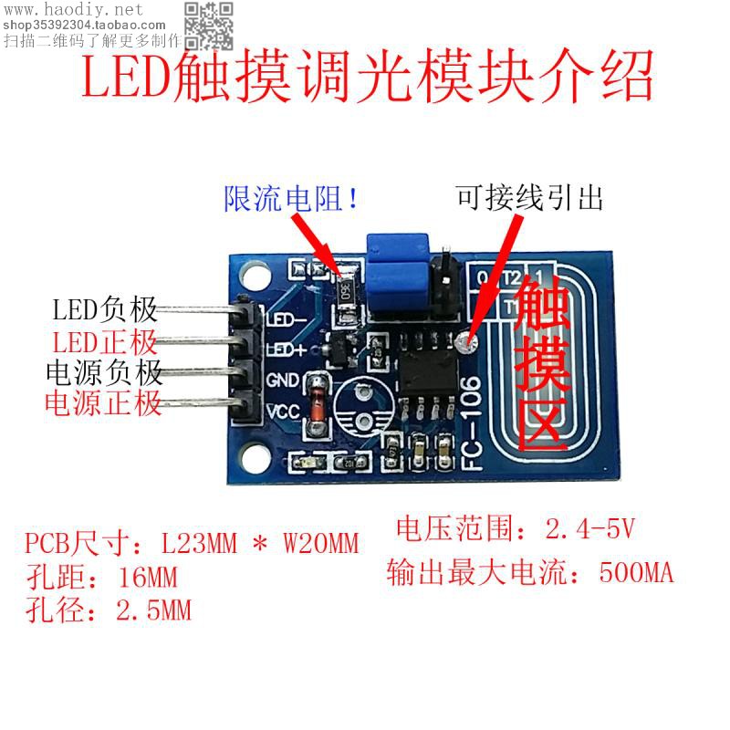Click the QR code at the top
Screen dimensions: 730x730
tap(209, 26)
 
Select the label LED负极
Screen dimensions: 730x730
tap(104, 310)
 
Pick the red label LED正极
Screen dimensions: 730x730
tap(104, 343)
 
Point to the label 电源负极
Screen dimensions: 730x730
tap(104, 372)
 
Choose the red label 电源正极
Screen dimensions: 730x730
tap(104, 402)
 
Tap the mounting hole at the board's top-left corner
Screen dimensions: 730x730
tap(250, 270)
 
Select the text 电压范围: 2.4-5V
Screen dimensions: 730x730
tap(516, 528)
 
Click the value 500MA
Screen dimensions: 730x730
tap(637, 573)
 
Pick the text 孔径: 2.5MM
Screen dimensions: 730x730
tap(109, 609)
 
